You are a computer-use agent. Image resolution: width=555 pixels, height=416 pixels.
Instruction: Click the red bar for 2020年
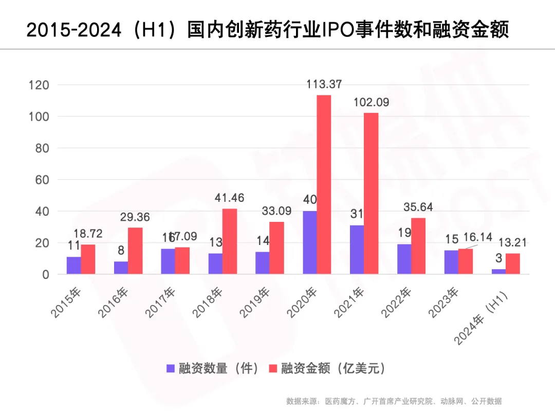pos(324,185)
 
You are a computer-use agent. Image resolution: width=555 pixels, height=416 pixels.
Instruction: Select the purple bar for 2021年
pos(357,250)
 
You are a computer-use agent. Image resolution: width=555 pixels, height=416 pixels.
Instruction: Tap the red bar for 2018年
pos(229,241)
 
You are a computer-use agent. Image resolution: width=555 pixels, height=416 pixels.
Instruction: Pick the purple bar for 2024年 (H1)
pos(498,271)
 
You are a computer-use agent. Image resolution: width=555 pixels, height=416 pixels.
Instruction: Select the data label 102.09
pos(371,102)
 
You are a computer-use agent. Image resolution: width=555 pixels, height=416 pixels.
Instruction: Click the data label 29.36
pos(135,217)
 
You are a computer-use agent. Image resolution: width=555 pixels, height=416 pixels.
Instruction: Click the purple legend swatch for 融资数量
pos(171,368)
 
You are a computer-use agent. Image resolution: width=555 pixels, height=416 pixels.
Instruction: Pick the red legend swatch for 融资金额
pos(273,368)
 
